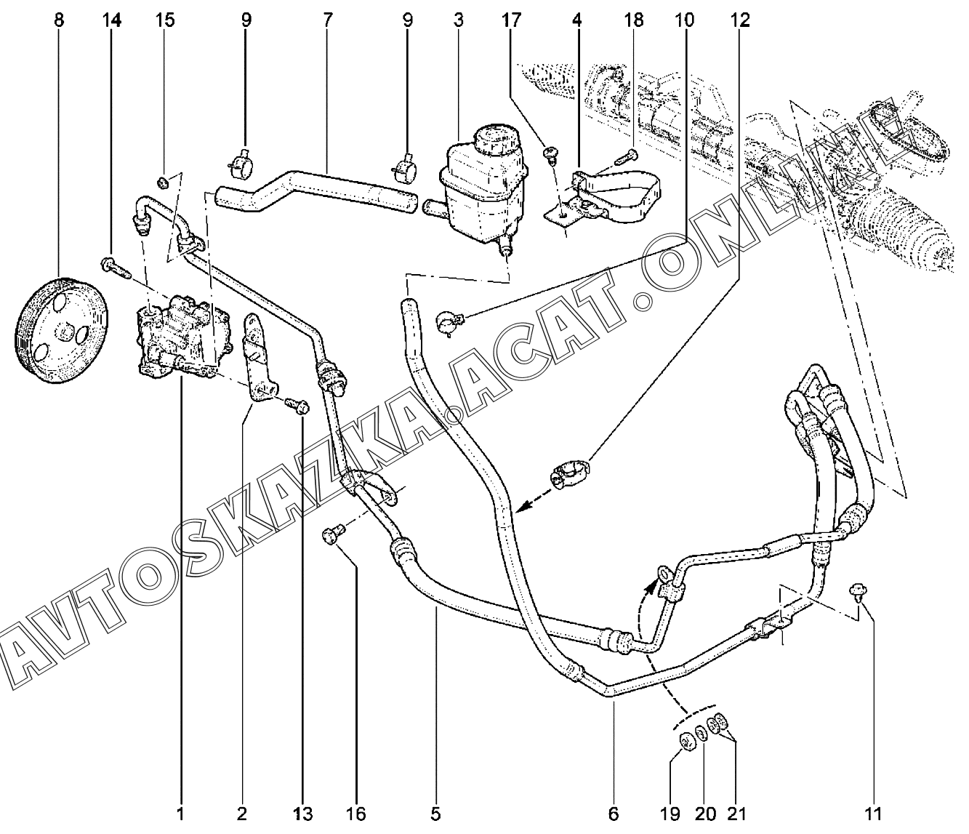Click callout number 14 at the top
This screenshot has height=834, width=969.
tap(111, 20)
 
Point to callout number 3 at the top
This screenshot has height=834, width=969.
tap(459, 20)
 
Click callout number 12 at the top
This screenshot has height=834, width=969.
tap(740, 20)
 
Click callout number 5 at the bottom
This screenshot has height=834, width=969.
tap(435, 813)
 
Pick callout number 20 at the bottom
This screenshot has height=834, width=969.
tap(705, 813)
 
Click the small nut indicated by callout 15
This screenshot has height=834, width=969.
tap(166, 181)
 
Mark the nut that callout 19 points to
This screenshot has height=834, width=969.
tap(685, 741)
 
